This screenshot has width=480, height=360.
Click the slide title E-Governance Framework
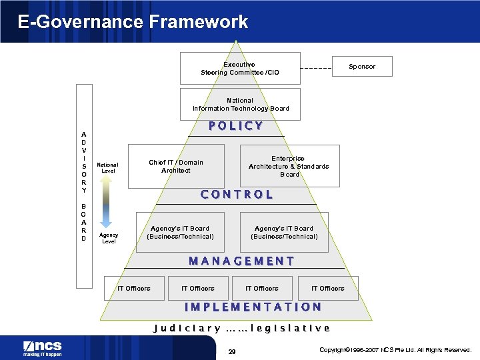133,21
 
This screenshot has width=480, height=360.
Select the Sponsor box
362,66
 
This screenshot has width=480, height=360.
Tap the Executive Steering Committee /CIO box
240,68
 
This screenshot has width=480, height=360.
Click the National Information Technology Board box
240,105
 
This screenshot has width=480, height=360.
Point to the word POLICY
236,126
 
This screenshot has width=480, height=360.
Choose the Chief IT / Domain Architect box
176,166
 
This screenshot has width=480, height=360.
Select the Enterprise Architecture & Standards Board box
289,166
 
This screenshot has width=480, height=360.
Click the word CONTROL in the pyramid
237,195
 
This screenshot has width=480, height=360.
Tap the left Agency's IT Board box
180,232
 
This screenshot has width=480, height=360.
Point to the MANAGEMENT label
241,261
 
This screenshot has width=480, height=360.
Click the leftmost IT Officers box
134,288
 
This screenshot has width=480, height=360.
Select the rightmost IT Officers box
328,288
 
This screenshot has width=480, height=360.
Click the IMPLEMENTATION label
253,307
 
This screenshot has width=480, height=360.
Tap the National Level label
107,168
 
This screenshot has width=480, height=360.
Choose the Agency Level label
108,239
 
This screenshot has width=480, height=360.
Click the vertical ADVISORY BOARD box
84,186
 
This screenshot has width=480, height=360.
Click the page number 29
232,351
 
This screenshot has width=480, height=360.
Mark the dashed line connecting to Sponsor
315,68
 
